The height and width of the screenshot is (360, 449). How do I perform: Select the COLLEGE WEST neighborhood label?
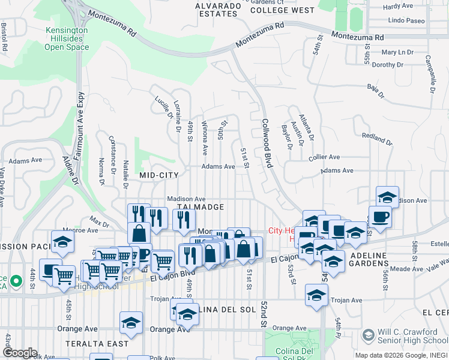[x=282, y=10]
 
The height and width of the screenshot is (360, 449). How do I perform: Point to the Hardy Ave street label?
[x=398, y=6]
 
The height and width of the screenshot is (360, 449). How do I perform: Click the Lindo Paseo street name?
[x=406, y=20]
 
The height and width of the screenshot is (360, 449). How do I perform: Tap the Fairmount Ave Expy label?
[x=79, y=120]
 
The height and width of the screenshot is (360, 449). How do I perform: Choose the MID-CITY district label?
[x=159, y=175]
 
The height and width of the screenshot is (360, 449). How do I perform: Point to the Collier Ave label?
[x=324, y=157]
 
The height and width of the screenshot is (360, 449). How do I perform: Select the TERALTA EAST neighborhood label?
[x=101, y=344]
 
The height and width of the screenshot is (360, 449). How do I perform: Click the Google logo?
[x=19, y=353]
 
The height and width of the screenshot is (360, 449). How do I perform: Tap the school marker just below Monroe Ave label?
[x=62, y=241]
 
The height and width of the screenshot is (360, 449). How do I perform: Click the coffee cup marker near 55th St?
[x=380, y=216]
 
